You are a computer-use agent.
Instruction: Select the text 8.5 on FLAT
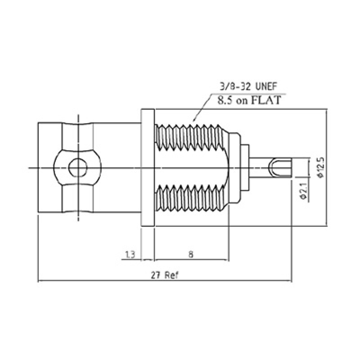pyautogui.click(x=249, y=99)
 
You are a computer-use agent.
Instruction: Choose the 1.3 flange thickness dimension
pyautogui.click(x=130, y=255)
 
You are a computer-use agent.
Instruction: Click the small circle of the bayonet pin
pyautogui.click(x=77, y=168)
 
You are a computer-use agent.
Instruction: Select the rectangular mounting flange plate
pyautogui.click(x=148, y=168)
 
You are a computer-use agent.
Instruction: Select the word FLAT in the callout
pyautogui.click(x=269, y=99)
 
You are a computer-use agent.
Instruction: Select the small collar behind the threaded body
pyautogui.click(x=245, y=168)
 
